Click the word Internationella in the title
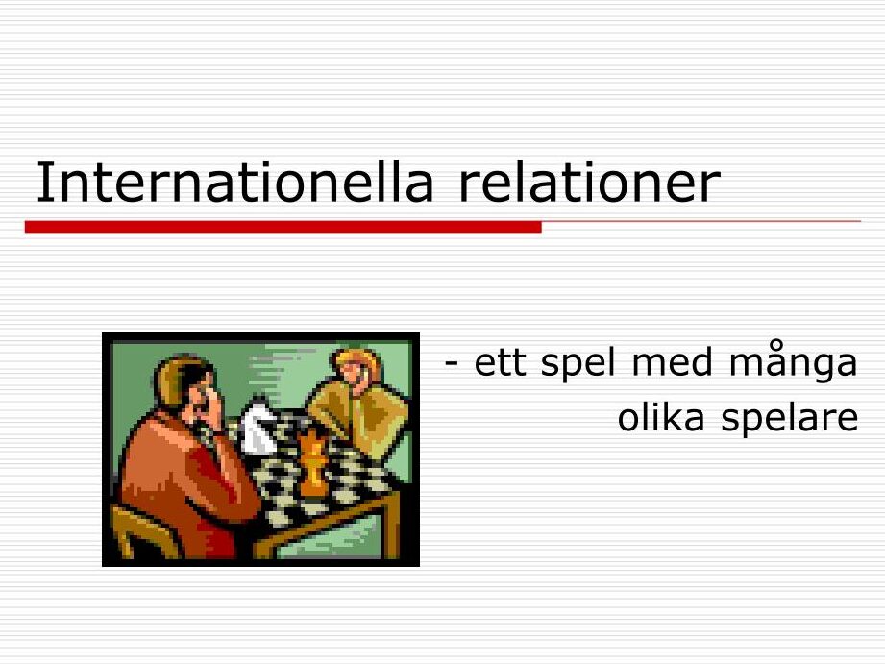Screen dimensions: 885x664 234,182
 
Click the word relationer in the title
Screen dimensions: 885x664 590,182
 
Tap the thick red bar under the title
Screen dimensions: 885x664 283,227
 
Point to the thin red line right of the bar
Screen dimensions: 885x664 701,221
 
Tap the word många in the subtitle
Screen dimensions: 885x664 793,363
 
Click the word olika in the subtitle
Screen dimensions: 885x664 661,417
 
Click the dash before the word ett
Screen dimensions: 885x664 451,364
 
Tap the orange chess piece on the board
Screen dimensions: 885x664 312,463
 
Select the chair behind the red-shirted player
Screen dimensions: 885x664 141,530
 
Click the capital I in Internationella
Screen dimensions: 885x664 40,182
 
